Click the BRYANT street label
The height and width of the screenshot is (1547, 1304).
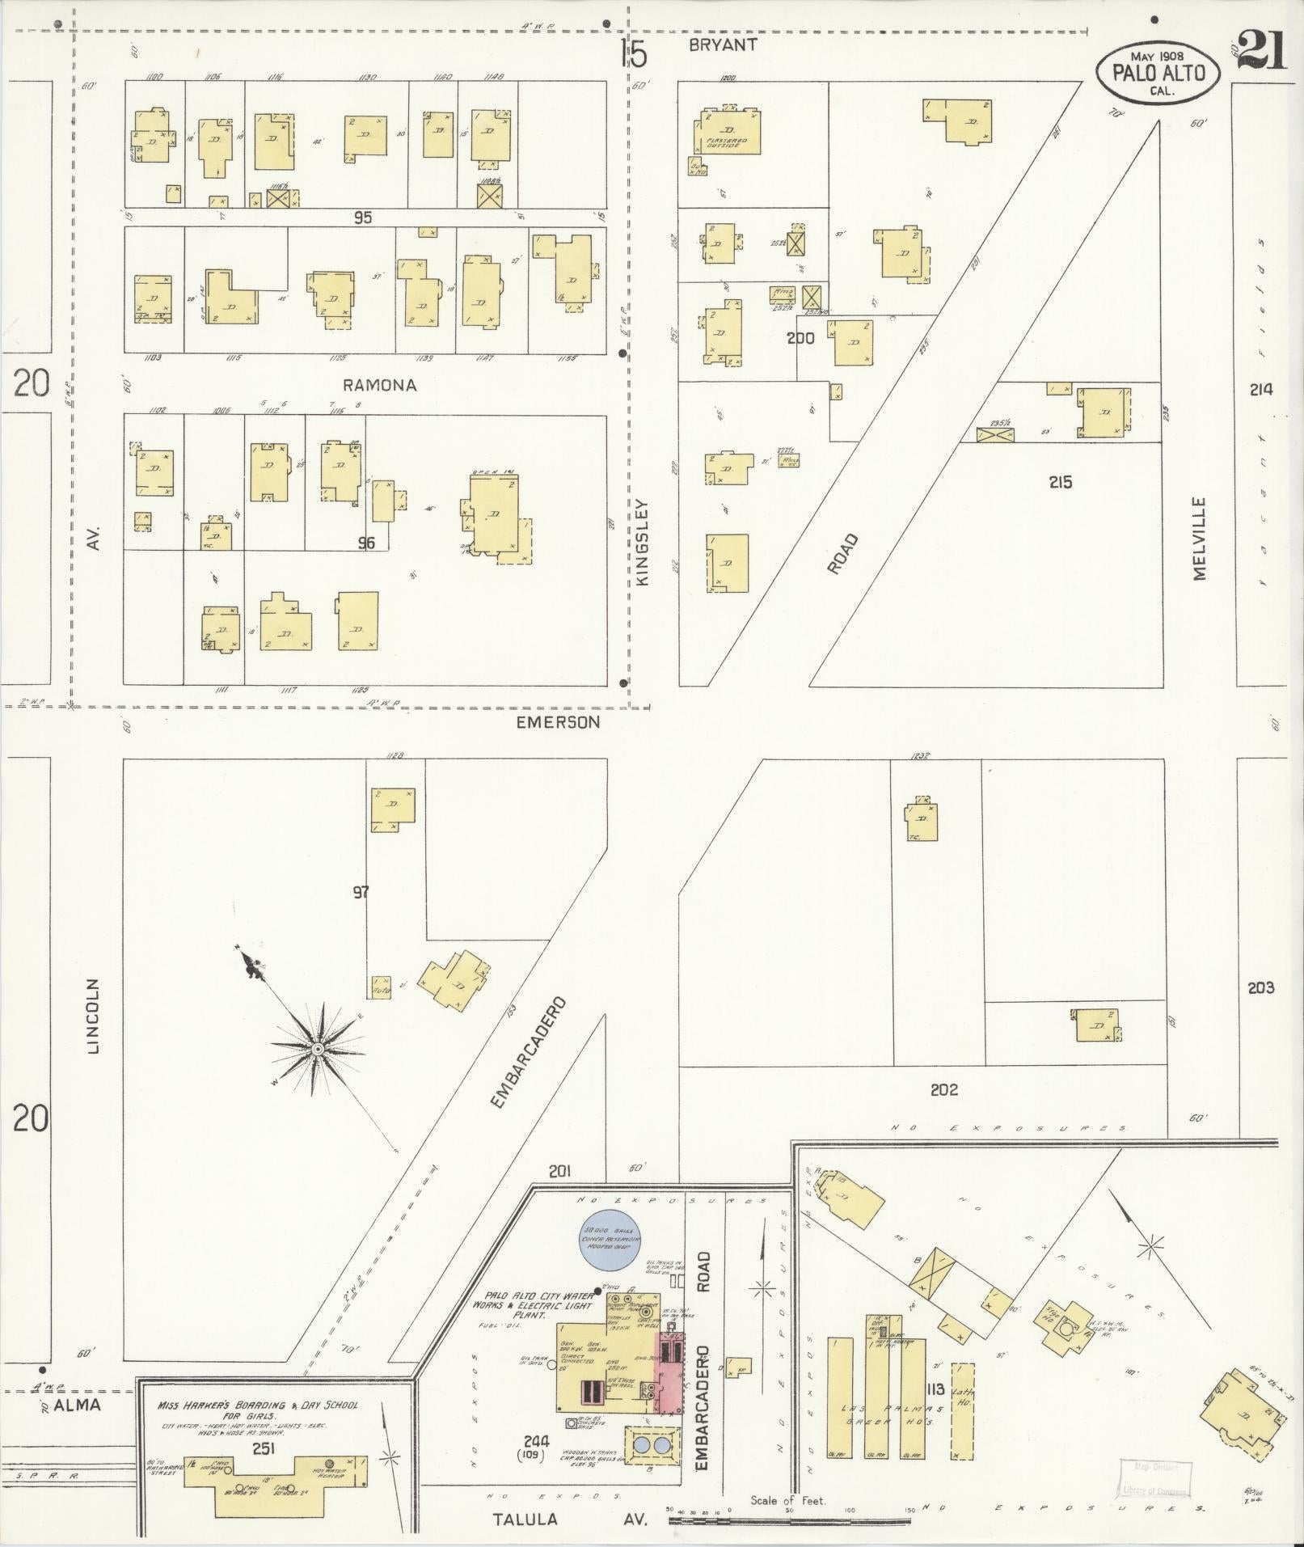tap(723, 44)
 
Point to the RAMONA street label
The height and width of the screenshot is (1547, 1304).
tap(380, 386)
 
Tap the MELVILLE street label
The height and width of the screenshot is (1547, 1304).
tap(1198, 538)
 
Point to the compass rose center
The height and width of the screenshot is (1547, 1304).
tap(318, 1049)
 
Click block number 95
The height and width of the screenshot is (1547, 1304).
tap(362, 218)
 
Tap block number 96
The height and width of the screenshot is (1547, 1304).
tap(366, 543)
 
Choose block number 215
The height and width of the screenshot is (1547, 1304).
tap(1060, 482)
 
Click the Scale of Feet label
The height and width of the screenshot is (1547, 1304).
tap(787, 1477)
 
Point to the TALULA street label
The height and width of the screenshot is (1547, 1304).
tap(525, 1497)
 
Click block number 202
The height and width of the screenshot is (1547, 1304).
tap(943, 1089)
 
